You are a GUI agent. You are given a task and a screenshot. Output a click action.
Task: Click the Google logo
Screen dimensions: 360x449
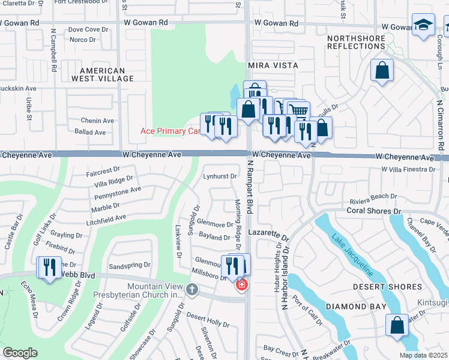20,352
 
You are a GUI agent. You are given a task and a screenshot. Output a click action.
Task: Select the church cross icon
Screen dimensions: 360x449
191,290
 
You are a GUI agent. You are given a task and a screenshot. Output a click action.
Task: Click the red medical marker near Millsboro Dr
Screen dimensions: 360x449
241,284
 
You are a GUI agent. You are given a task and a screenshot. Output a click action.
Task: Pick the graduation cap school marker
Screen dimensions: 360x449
423,25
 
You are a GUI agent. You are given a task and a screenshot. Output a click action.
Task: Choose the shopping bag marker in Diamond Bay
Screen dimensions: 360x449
397,326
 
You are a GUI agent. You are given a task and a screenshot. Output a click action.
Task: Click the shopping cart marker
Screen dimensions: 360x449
298,110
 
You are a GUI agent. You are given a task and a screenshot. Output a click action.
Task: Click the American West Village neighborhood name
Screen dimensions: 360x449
98,74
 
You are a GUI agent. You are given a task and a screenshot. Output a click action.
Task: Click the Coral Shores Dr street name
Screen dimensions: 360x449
373,211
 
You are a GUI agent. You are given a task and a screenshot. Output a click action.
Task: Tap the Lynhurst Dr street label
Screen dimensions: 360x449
220,176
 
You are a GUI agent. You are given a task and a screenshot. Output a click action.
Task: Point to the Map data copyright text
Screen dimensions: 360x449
423,355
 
